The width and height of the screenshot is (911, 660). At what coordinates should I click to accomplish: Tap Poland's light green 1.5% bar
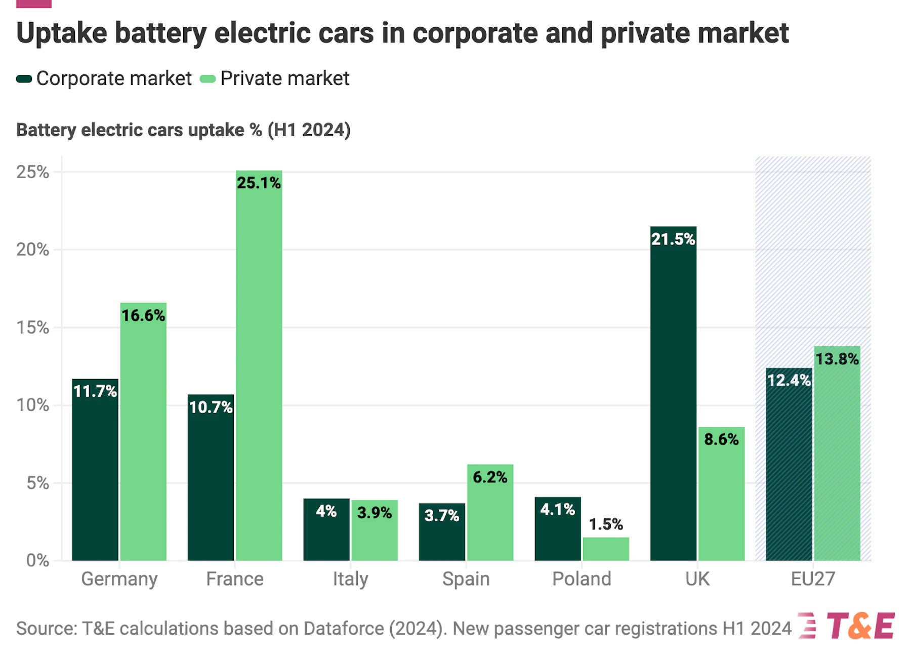click(606, 549)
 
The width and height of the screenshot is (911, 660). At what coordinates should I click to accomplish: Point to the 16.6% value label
click(143, 315)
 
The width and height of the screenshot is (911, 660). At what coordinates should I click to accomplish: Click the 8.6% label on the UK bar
click(721, 439)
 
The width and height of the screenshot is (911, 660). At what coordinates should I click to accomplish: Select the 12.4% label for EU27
click(789, 380)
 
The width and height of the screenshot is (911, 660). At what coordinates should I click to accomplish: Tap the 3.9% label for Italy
click(375, 513)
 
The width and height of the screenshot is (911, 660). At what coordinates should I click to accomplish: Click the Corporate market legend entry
click(104, 78)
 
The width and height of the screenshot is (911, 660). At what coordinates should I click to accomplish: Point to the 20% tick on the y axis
click(32, 250)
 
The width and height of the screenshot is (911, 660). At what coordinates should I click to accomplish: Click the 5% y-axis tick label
click(37, 483)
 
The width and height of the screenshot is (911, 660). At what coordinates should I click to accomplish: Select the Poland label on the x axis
click(582, 579)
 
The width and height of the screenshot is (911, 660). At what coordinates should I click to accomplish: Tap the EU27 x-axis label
click(813, 579)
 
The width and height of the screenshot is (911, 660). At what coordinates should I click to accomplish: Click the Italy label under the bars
click(350, 579)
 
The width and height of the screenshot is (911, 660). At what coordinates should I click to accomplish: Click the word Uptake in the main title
click(62, 33)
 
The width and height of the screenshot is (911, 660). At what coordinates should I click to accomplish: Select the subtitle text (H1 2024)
click(309, 130)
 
